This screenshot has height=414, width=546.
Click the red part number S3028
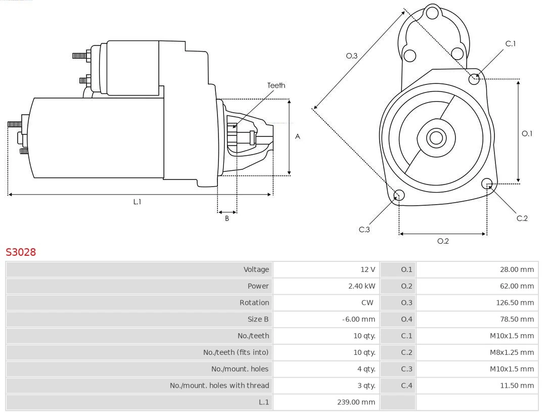21,252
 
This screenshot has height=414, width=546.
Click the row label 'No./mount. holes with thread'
219,385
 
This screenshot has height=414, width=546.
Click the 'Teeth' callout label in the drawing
276,85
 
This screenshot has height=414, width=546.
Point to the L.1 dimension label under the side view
137,202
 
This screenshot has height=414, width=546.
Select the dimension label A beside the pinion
298,136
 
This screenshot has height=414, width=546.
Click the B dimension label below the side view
227,219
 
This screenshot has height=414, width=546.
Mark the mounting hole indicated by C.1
474,78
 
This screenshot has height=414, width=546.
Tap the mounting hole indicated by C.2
487,183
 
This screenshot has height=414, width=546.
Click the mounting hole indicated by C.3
399,196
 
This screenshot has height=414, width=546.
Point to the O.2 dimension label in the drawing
443,241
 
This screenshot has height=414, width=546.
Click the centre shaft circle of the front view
435,137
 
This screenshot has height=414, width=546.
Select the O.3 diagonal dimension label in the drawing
352,56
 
